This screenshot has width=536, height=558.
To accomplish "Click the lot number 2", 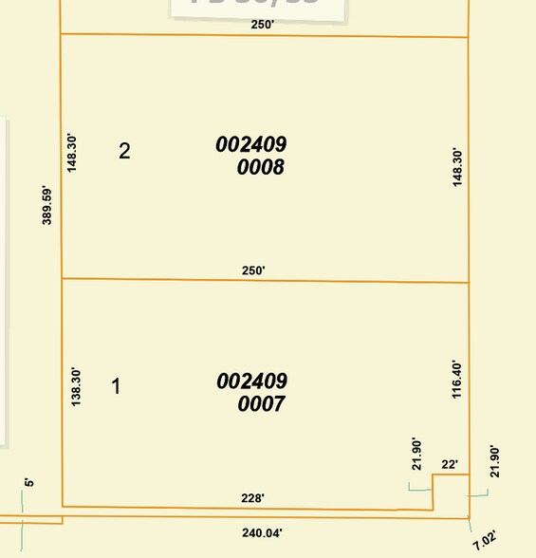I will point(124,151).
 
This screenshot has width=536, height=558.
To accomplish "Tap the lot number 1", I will point(117,387).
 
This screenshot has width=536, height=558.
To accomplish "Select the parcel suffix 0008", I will point(263,169).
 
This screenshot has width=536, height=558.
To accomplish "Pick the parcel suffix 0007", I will point(263,405).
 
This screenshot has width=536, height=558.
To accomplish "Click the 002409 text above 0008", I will point(251,145).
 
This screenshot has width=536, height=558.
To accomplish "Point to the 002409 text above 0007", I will point(251,381).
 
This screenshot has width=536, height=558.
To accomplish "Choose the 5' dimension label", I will point(29,483).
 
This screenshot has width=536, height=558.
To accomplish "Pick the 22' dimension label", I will point(451,465).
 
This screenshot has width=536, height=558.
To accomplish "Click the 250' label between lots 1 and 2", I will point(253,270).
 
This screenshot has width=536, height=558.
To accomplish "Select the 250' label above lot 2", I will point(262,25).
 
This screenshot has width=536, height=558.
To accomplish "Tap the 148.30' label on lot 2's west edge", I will point(72,152).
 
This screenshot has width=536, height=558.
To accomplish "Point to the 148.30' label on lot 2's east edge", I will point(456,168).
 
